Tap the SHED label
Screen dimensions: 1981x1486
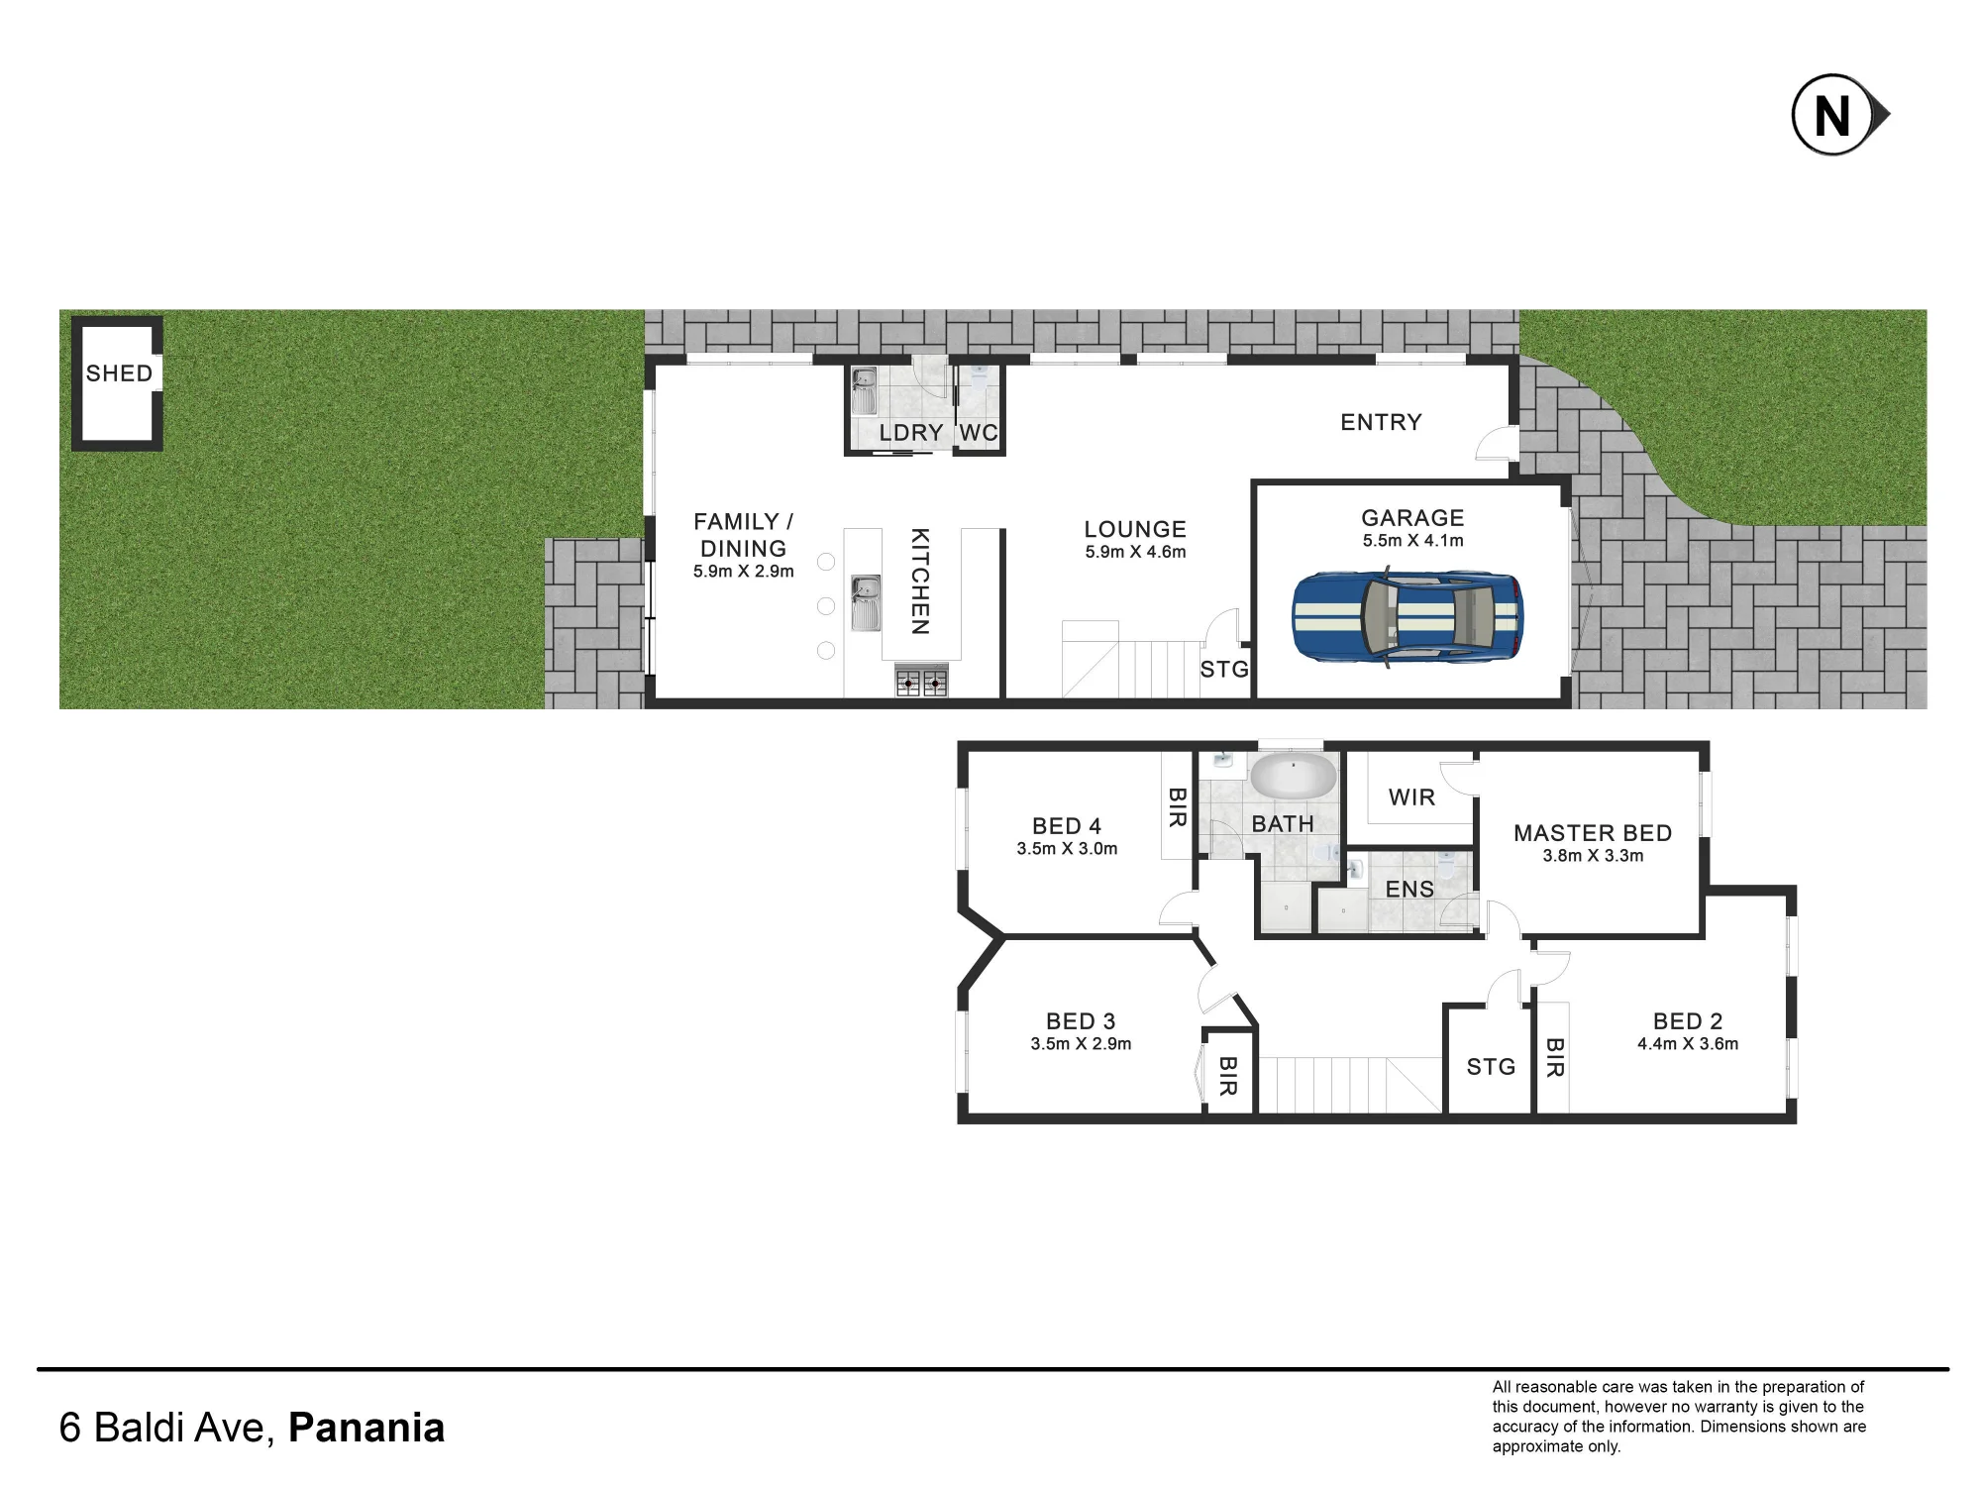tap(119, 373)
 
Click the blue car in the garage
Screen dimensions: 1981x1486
tap(1408, 615)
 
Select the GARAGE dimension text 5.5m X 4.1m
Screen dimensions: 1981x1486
tap(1412, 541)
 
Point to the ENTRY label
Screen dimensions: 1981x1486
tap(1381, 422)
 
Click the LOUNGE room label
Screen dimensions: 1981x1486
tap(1135, 529)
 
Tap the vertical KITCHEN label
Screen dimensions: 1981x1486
tap(920, 582)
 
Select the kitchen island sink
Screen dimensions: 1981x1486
tap(866, 603)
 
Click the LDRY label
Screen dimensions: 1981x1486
tap(910, 433)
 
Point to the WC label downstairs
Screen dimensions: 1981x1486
tap(979, 433)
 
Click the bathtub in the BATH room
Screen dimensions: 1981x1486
tap(1293, 776)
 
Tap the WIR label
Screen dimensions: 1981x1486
tap(1411, 797)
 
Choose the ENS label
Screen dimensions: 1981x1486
tap(1409, 890)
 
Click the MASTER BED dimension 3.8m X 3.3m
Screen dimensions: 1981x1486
tap(1593, 856)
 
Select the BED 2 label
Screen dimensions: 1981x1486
tap(1688, 1021)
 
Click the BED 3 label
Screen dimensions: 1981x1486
tap(1081, 1021)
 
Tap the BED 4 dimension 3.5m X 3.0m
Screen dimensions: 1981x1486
tap(1067, 849)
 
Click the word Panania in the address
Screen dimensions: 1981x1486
tap(366, 1428)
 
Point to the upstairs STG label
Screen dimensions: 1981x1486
tap(1491, 1067)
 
